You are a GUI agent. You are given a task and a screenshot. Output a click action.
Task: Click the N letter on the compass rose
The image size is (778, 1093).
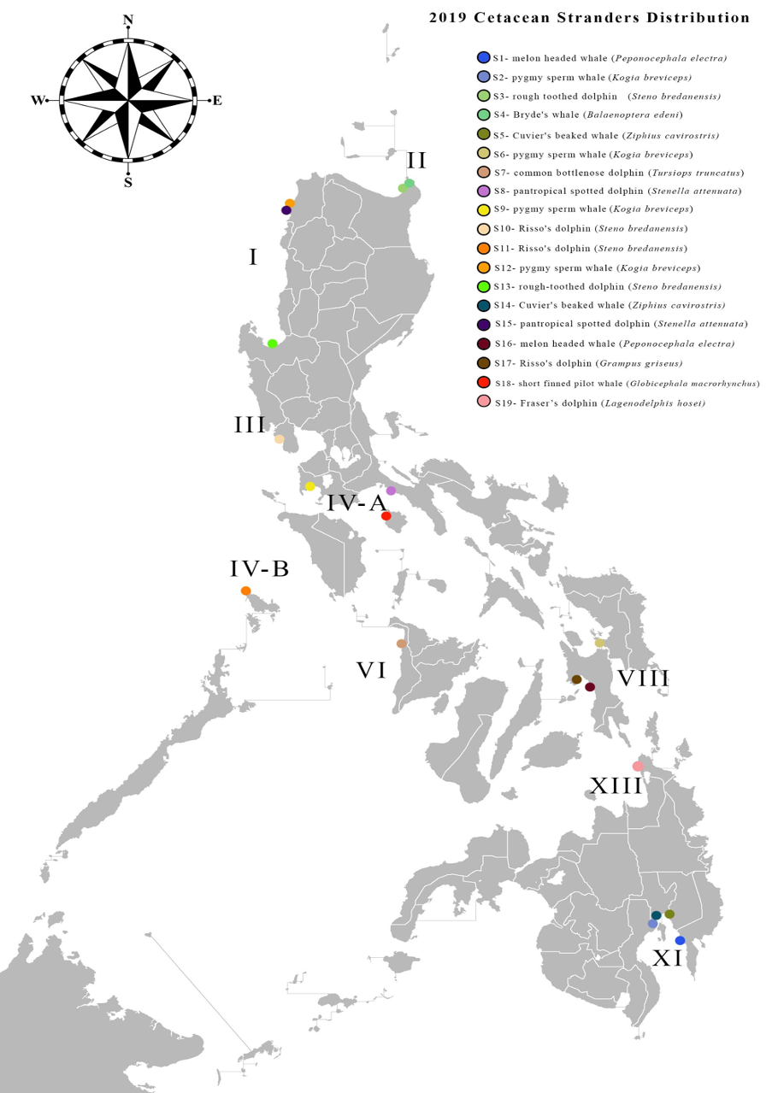pos(128,20)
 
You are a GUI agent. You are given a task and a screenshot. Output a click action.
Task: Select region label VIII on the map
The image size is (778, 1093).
pos(643,679)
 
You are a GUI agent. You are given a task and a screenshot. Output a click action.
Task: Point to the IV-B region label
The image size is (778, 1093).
pos(259,569)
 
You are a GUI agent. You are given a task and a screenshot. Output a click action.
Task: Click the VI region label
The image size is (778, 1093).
pos(372,670)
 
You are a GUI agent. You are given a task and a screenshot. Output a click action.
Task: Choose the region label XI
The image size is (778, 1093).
pos(667,959)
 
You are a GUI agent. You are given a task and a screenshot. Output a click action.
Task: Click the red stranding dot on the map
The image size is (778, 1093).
pos(386,516)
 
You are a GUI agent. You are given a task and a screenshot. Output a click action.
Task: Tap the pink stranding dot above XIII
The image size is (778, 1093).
pos(637,767)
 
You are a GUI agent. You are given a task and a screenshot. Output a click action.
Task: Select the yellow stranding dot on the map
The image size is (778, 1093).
pos(310,486)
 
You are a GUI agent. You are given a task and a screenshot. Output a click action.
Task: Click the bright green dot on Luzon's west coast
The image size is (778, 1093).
pos(272,344)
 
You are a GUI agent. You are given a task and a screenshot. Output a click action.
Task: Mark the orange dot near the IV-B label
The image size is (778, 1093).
pos(246,591)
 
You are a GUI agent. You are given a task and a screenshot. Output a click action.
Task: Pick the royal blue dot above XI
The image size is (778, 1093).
pos(681,940)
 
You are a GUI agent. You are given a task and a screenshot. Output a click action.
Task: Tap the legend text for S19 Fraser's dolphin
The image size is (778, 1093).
pos(599,403)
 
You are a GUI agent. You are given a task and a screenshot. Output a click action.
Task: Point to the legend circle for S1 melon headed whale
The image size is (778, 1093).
pos(484,57)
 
